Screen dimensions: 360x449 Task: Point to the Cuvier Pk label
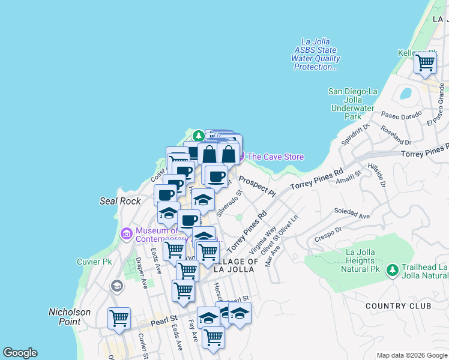pyautogui.click(x=95, y=262)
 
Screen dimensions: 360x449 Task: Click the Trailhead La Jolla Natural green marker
pyautogui.click(x=393, y=271)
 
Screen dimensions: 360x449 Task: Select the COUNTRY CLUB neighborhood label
pyautogui.click(x=399, y=306)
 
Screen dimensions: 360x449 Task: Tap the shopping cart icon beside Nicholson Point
pyautogui.click(x=119, y=317)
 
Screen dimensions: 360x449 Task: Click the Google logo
pyautogui.click(x=20, y=353)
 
